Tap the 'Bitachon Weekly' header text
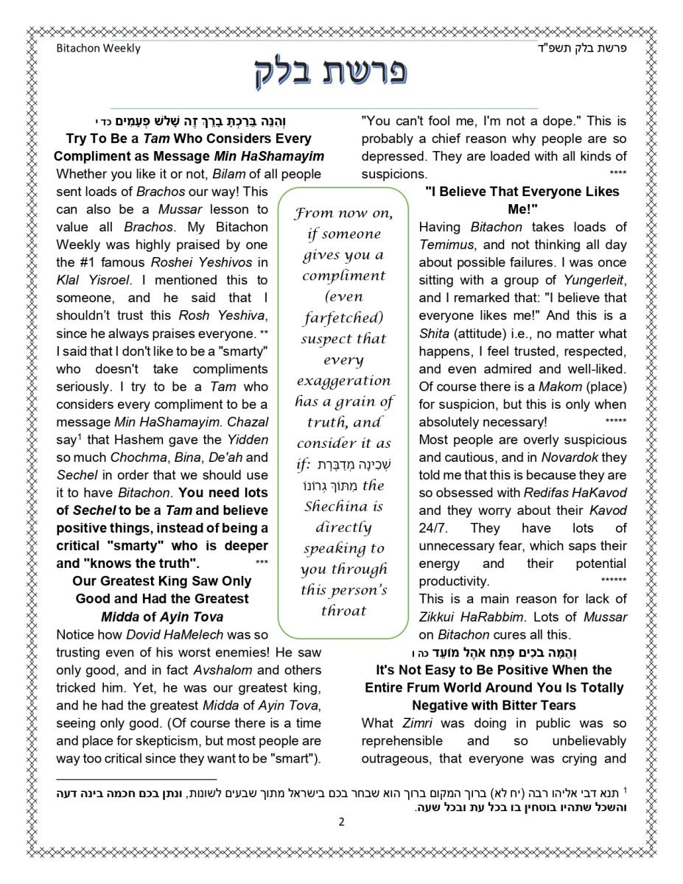tap(98, 49)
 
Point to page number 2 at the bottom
tap(341, 821)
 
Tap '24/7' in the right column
tap(434, 527)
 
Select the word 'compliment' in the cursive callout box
tap(343, 276)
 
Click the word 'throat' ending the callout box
tap(343, 611)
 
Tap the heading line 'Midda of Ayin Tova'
tap(162, 616)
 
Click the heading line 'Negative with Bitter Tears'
tap(494, 705)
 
